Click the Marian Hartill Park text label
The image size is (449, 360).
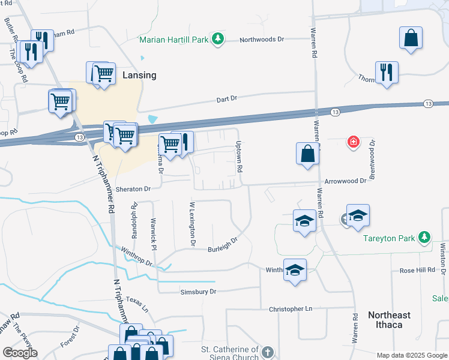pos(173,40)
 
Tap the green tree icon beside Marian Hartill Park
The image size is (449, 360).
pos(219,40)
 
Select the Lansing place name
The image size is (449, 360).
pos(139,75)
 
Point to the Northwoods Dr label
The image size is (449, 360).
pos(261,40)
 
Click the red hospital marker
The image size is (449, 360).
pos(354,142)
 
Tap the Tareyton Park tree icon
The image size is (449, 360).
pos(424,238)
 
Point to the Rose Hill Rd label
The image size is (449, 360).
pos(417,271)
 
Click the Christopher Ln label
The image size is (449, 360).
pos(292,309)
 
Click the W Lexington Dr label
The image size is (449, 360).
pos(193,224)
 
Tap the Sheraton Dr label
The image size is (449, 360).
pos(132,188)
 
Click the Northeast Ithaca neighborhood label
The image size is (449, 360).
pos(389,320)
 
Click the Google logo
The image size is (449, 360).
pos(19,352)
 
